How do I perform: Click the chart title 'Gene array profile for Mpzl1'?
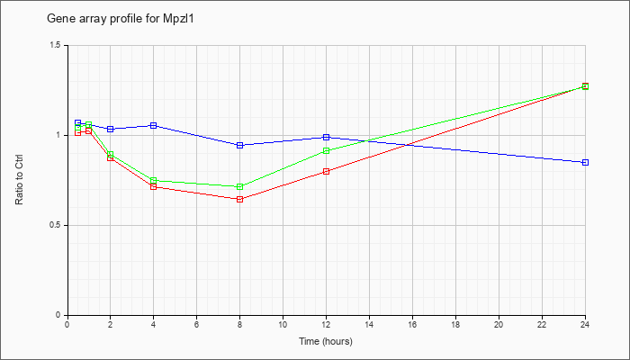(x=121, y=19)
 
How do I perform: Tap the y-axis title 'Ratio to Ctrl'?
(x=19, y=179)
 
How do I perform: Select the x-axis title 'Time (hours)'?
(x=326, y=341)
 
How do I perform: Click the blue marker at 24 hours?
(x=585, y=162)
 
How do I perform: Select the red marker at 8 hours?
(x=240, y=199)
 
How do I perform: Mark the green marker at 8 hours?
(x=240, y=187)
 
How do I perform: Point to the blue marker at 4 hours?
(x=154, y=125)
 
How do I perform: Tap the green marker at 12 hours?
(x=326, y=150)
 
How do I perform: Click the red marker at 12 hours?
(x=326, y=172)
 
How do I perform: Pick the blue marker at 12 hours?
(x=326, y=138)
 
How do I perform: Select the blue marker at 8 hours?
(x=240, y=146)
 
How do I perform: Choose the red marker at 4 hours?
(x=154, y=187)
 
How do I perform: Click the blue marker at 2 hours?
(x=111, y=129)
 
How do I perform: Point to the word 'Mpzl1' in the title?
(x=179, y=19)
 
